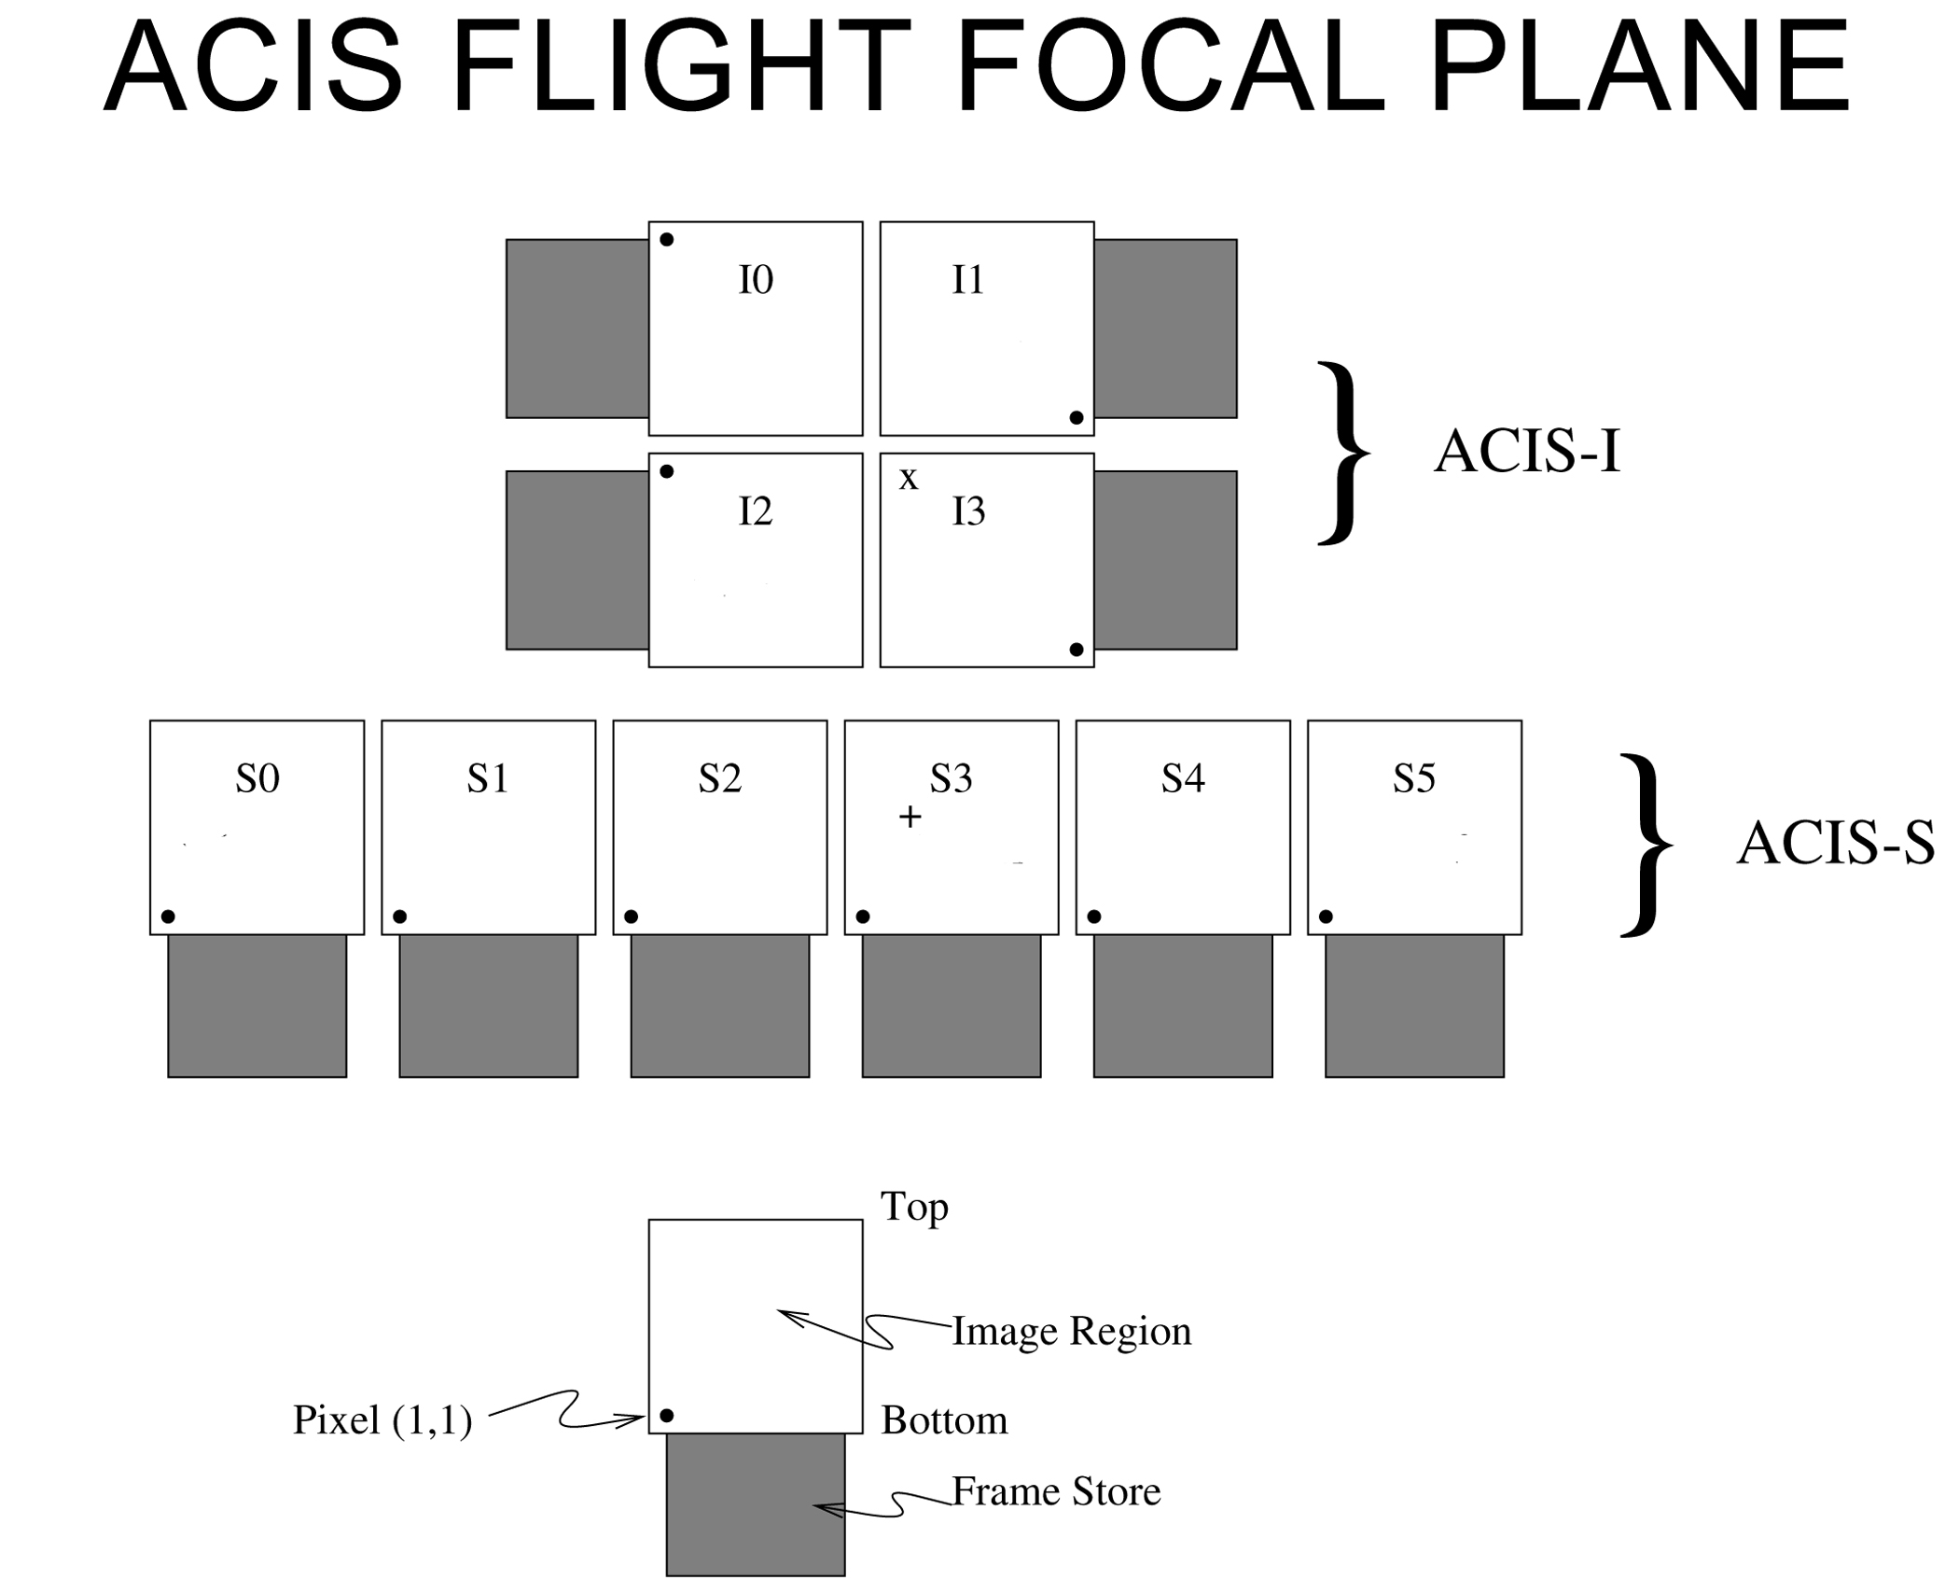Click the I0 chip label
pyautogui.click(x=756, y=280)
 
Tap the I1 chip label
pyautogui.click(x=968, y=280)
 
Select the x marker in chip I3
pyautogui.click(x=908, y=480)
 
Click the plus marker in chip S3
pyautogui.click(x=910, y=818)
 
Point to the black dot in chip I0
pyautogui.click(x=667, y=240)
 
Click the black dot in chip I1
pyautogui.click(x=1077, y=417)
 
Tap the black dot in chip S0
pyautogui.click(x=168, y=916)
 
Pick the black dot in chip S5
pyautogui.click(x=1326, y=916)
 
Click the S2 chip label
pyautogui.click(x=719, y=778)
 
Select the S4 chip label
pyautogui.click(x=1183, y=778)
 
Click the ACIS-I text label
pyautogui.click(x=1527, y=453)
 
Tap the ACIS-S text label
pyautogui.click(x=1834, y=845)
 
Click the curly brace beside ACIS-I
pyautogui.click(x=1343, y=453)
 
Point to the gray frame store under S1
pyautogui.click(x=489, y=1006)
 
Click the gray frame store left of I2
pyautogui.click(x=577, y=560)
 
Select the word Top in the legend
pyautogui.click(x=914, y=1208)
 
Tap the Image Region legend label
pyautogui.click(x=1071, y=1332)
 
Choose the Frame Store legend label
pyautogui.click(x=1056, y=1492)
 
